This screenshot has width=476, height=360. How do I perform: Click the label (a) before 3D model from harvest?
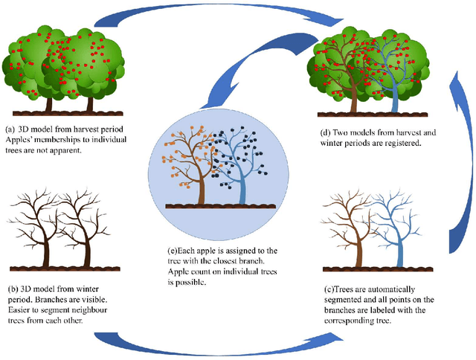point(9,127)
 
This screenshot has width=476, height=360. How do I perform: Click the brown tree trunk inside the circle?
point(202,189)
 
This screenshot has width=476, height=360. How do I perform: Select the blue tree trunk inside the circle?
point(243,189)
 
